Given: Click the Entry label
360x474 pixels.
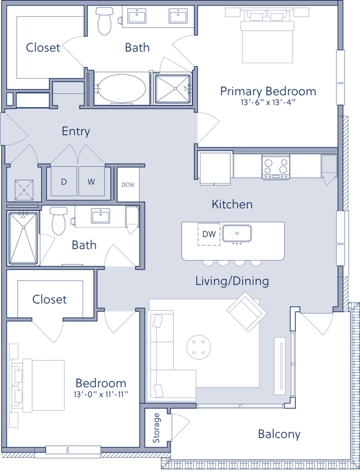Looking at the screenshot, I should click(x=75, y=131).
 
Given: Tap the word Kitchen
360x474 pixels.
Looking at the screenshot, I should click(x=232, y=205).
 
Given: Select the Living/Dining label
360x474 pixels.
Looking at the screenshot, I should click(x=232, y=281).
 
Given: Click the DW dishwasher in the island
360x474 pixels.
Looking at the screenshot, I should click(x=209, y=234).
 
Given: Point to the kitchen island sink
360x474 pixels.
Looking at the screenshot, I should click(x=237, y=234).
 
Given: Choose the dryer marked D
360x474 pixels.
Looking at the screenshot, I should click(x=64, y=181).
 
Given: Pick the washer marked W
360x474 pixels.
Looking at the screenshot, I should click(x=91, y=181).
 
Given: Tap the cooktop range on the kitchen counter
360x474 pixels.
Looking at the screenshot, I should click(x=275, y=166).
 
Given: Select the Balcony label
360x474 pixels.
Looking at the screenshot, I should click(x=280, y=434).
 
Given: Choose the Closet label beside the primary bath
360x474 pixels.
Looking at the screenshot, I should click(x=42, y=48).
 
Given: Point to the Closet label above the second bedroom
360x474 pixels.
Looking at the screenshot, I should click(x=49, y=300).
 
